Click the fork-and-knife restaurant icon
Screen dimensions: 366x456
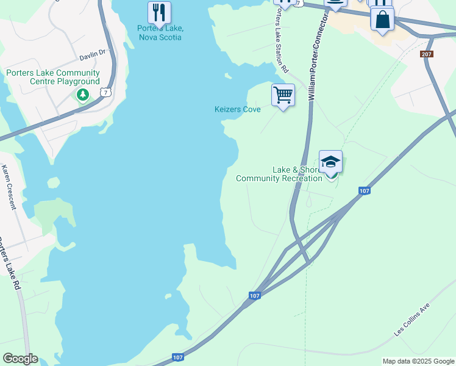[159, 12]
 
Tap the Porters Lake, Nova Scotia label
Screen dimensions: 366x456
[160, 33]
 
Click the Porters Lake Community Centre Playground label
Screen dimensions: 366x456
[53, 77]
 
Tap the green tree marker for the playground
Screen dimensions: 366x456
[83, 95]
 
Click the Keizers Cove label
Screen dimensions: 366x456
[237, 109]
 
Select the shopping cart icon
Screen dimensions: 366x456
[283, 95]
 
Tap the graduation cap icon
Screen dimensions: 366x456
[330, 162]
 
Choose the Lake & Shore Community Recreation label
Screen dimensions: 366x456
[279, 174]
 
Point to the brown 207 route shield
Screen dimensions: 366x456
[427, 54]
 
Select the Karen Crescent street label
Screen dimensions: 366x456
[9, 187]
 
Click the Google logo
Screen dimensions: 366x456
[20, 358]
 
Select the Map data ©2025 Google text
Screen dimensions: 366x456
[418, 361]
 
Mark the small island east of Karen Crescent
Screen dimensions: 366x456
[54, 182]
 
